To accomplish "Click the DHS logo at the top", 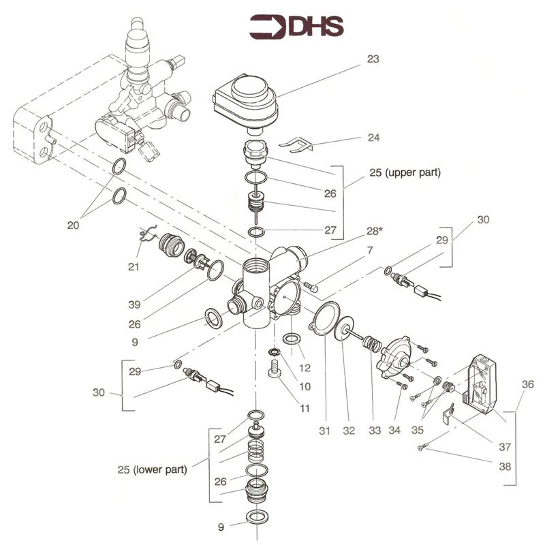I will pyautogui.click(x=296, y=27).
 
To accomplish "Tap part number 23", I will pyautogui.click(x=373, y=59).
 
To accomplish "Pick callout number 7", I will pyautogui.click(x=370, y=252).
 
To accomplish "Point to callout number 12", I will pyautogui.click(x=305, y=368).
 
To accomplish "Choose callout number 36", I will pyautogui.click(x=527, y=384).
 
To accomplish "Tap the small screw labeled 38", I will pyautogui.click(x=421, y=448).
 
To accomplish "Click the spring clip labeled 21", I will pyautogui.click(x=147, y=234).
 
